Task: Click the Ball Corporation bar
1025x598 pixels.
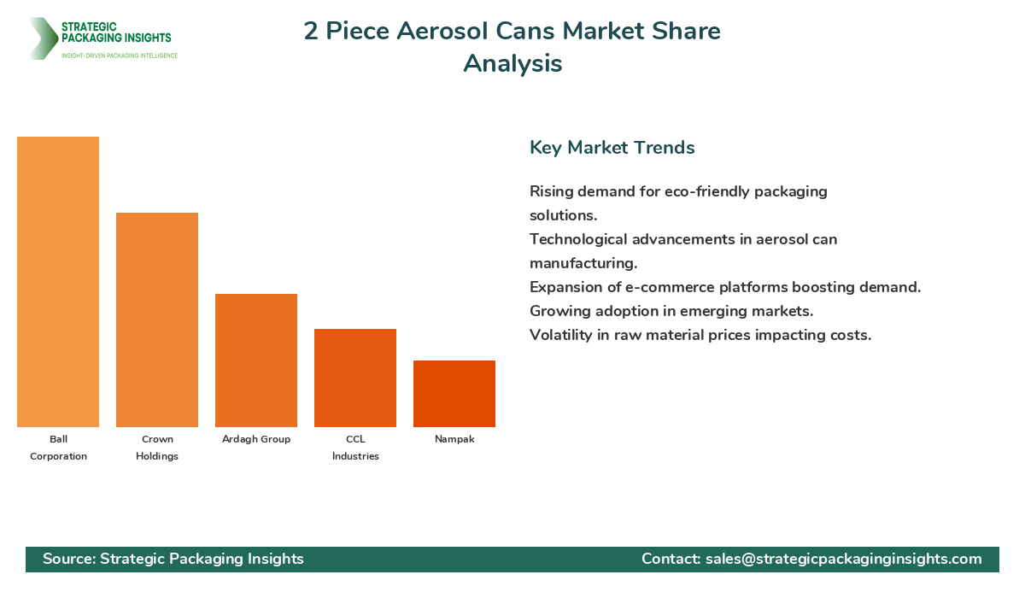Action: pyautogui.click(x=58, y=282)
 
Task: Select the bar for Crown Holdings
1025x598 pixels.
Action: pyautogui.click(x=157, y=320)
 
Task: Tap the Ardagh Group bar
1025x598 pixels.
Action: pyautogui.click(x=256, y=361)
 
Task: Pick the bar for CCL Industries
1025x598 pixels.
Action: pyautogui.click(x=355, y=378)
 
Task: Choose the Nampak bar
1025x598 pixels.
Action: pyautogui.click(x=454, y=394)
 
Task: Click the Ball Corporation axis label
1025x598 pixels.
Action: pyautogui.click(x=58, y=448)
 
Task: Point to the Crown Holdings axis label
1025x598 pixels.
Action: pyautogui.click(x=157, y=448)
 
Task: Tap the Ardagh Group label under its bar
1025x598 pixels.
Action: pyautogui.click(x=256, y=439)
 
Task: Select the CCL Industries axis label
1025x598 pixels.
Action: pyautogui.click(x=355, y=448)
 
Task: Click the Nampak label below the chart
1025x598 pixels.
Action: pyautogui.click(x=454, y=439)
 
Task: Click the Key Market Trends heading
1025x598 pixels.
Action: pyautogui.click(x=612, y=148)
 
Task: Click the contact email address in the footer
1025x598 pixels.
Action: pyautogui.click(x=843, y=559)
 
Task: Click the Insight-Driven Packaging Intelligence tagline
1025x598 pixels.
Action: pyautogui.click(x=120, y=56)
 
